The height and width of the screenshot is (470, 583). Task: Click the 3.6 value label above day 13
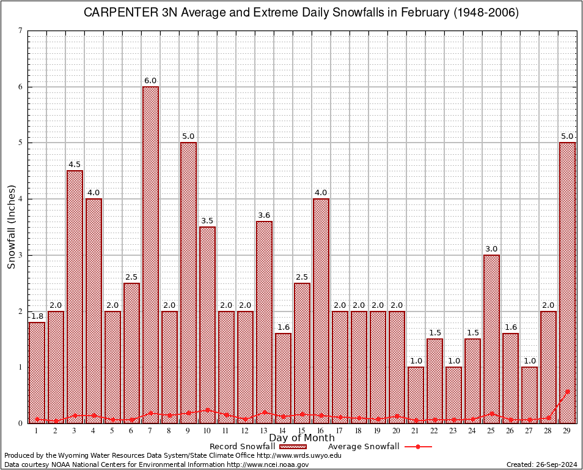[x=264, y=215]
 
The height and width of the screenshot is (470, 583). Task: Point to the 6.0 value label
[x=150, y=80]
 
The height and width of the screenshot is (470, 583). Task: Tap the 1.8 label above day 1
[x=37, y=316]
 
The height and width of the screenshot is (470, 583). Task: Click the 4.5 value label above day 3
[x=75, y=164]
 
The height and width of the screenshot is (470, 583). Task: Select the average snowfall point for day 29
[x=567, y=392]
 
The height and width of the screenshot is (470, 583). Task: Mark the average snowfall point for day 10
[x=207, y=410]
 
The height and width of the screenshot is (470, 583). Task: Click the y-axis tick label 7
[x=21, y=31]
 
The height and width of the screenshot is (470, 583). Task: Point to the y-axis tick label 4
[x=21, y=199]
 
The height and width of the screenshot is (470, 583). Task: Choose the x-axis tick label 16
[x=321, y=431]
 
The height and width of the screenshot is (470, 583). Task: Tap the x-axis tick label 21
[x=416, y=431]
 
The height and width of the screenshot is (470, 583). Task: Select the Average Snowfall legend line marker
[x=417, y=447]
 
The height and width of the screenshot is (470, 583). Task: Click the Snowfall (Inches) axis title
[x=11, y=226]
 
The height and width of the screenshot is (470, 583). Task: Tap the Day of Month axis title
[x=302, y=438]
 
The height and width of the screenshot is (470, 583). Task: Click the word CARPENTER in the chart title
[x=114, y=13]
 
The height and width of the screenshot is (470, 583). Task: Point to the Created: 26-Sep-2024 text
[x=541, y=464]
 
